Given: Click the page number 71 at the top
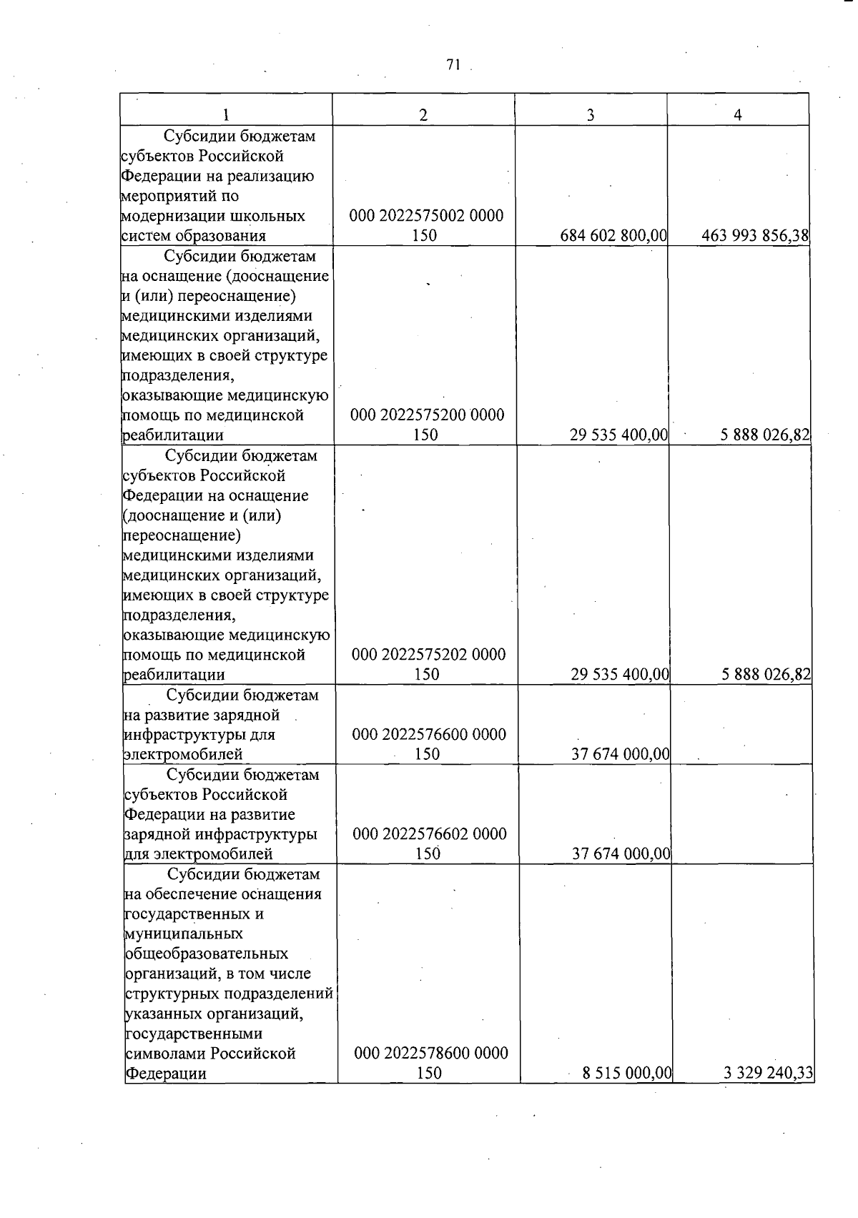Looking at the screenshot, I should [452, 65].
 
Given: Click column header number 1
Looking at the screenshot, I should [226, 115].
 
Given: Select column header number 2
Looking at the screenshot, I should [423, 115].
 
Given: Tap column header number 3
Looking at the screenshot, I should [591, 115].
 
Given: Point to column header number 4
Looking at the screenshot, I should [738, 115].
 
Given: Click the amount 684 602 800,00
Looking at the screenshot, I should [613, 235].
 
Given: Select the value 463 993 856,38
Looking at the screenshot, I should [755, 235].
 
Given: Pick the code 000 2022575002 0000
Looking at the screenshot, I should [426, 216].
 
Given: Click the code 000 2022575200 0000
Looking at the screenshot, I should [427, 415].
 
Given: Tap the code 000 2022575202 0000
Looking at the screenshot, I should [428, 655].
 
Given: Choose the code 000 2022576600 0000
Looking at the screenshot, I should [429, 734].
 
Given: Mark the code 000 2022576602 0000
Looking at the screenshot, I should [430, 834].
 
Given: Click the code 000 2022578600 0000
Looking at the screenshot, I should [431, 1053].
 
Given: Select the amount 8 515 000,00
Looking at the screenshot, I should [627, 1072].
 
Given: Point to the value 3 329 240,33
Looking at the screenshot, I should [769, 1072].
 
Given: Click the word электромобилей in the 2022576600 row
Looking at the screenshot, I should [183, 754].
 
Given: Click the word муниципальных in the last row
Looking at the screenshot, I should [184, 934].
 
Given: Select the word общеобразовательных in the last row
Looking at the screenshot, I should [207, 954].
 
